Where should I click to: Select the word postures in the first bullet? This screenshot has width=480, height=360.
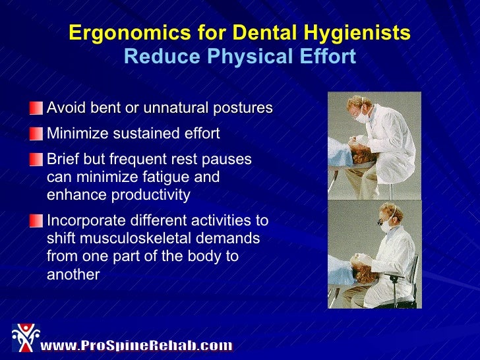[x=243, y=108]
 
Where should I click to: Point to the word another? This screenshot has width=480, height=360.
[x=73, y=274]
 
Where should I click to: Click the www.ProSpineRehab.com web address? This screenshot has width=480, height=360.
[x=137, y=345]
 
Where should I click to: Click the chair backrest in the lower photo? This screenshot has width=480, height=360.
[x=413, y=274]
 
